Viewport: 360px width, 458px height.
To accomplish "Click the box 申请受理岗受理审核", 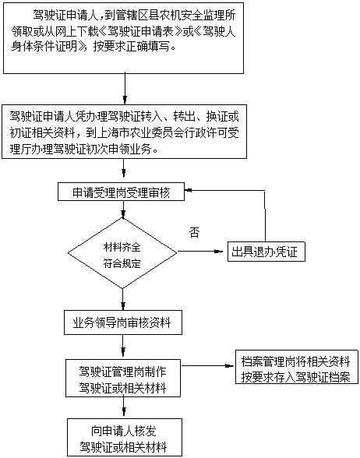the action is click(x=121, y=192).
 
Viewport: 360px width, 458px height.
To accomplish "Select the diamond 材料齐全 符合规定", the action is click(x=122, y=253).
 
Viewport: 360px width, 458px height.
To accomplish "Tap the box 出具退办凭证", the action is click(x=266, y=252).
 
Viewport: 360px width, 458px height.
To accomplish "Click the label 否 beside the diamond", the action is click(x=194, y=232).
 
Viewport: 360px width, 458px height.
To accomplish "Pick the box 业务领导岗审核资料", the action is click(x=123, y=322).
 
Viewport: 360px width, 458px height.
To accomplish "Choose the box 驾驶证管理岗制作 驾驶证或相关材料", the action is click(x=123, y=379).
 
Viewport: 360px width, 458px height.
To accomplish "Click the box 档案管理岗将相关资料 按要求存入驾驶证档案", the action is click(x=297, y=367).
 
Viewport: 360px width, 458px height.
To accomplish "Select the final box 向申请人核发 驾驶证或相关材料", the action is click(x=125, y=437).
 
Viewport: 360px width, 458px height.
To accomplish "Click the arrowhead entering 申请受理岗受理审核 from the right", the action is click(x=188, y=190).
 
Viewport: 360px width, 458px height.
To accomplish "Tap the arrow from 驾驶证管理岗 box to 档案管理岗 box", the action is click(x=208, y=365).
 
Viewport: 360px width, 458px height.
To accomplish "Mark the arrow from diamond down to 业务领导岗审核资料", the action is click(x=123, y=299).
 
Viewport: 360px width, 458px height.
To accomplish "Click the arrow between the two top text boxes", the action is click(x=125, y=89).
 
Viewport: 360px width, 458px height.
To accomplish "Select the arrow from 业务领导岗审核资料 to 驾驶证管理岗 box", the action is click(x=123, y=347).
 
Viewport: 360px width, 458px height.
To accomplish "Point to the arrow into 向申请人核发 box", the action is click(x=124, y=408).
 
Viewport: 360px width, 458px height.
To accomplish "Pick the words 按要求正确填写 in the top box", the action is click(x=132, y=47).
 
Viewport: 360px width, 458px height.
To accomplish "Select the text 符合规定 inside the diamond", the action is click(x=122, y=263).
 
